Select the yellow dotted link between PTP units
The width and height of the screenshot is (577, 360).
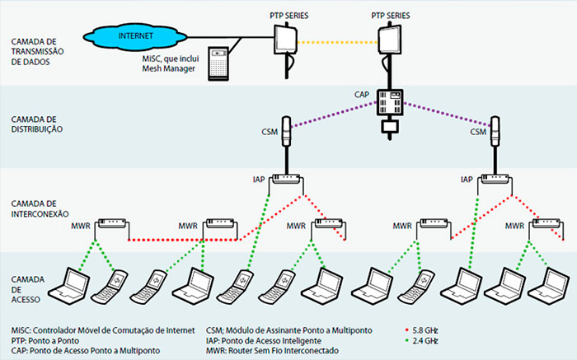338,41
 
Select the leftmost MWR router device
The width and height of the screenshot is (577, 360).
110,224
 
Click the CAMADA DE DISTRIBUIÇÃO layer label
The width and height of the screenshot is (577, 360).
35,124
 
